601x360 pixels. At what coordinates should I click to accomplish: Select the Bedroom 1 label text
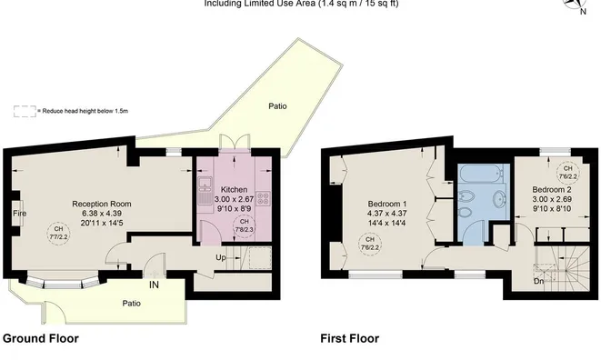point(387,203)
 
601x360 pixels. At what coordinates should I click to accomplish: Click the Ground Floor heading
point(41,338)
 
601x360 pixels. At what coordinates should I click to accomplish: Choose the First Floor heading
point(349,338)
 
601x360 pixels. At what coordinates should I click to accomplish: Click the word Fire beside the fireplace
point(18,215)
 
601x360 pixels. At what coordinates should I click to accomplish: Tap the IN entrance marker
point(155,285)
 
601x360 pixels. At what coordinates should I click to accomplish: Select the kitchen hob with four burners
point(264,198)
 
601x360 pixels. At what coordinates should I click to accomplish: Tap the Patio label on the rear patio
point(278,106)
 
